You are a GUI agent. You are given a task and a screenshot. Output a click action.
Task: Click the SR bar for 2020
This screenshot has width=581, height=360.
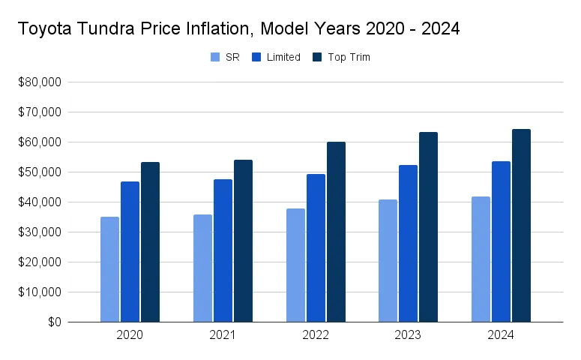click(x=109, y=270)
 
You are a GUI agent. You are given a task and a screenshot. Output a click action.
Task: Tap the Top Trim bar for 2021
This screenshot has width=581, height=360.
click(x=243, y=241)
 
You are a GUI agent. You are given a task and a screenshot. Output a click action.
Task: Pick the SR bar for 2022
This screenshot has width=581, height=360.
click(x=295, y=265)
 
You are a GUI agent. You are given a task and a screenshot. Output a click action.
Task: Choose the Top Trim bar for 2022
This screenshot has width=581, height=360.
click(x=336, y=232)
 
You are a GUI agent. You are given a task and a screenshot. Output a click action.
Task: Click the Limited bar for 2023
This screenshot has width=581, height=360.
click(x=408, y=244)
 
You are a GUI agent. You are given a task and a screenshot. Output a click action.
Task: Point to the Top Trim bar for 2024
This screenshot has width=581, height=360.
click(x=521, y=226)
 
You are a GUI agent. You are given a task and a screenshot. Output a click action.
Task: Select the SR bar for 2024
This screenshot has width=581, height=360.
click(x=481, y=259)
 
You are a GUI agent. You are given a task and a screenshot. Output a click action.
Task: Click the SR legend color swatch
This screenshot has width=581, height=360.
click(x=216, y=57)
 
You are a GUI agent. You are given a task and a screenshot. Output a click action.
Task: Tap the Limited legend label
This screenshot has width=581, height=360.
click(x=283, y=57)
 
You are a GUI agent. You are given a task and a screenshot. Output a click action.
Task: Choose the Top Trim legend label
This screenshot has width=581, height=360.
click(x=349, y=57)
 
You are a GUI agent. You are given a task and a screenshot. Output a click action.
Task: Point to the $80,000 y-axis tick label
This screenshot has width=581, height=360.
click(x=42, y=82)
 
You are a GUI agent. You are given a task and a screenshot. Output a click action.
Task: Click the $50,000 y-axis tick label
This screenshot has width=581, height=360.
click(x=42, y=172)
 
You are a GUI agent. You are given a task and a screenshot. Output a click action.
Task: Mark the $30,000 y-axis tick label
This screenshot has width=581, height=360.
click(x=42, y=232)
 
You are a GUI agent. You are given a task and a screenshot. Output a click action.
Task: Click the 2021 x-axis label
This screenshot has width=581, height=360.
click(x=223, y=335)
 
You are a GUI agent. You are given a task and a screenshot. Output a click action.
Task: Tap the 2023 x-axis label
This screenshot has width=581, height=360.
click(x=408, y=335)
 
